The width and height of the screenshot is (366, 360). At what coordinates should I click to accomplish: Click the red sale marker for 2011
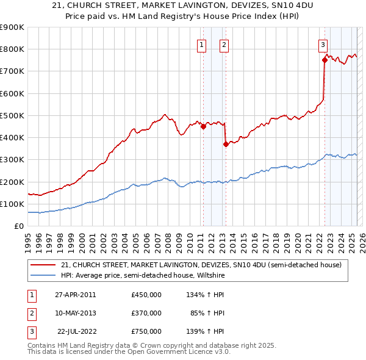(x=203, y=127)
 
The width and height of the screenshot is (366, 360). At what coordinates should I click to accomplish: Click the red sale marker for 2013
(x=226, y=144)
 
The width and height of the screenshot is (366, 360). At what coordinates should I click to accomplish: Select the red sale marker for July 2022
(x=325, y=60)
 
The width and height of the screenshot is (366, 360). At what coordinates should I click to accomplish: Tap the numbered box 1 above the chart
(x=201, y=44)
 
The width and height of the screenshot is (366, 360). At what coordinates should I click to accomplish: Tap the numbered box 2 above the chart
(x=224, y=44)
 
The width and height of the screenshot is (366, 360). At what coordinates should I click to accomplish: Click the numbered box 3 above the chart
(x=323, y=44)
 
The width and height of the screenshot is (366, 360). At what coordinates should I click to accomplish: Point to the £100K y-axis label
(x=12, y=204)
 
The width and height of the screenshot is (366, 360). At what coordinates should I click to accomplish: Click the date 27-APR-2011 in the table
(x=75, y=295)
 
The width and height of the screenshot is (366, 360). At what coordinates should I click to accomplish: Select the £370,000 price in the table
(x=146, y=313)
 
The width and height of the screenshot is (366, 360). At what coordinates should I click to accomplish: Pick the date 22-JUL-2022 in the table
(x=75, y=331)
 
